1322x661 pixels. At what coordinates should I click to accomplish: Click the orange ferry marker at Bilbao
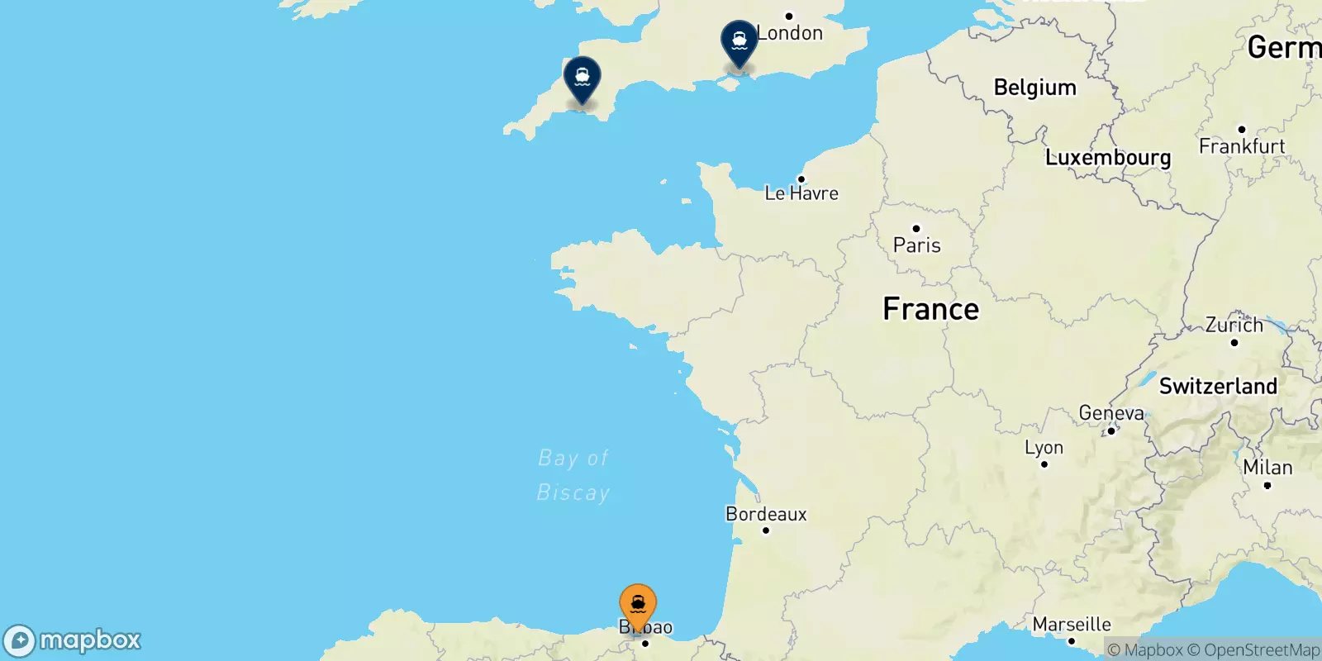638,605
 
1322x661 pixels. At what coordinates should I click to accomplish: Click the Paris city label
917,245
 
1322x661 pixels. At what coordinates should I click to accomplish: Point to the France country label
930,309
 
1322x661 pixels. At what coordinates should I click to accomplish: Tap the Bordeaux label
766,514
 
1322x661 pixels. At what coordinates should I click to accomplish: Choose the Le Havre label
801,193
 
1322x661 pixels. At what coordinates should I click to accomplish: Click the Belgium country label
1034,88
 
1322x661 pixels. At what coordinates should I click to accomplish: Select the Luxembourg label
1108,157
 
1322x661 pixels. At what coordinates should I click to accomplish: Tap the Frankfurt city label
1242,146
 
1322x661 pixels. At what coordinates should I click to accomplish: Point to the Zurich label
1234,325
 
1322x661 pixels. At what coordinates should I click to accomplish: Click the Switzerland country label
1218,386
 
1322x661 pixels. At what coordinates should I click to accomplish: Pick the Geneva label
1111,413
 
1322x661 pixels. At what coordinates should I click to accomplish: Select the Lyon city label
1044,448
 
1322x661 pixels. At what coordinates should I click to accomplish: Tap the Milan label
1267,468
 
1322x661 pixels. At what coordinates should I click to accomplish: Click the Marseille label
1072,625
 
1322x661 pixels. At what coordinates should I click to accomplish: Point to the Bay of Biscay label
573,475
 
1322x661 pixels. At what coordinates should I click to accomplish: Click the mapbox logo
73,640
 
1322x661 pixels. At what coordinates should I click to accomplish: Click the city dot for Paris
915,229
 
